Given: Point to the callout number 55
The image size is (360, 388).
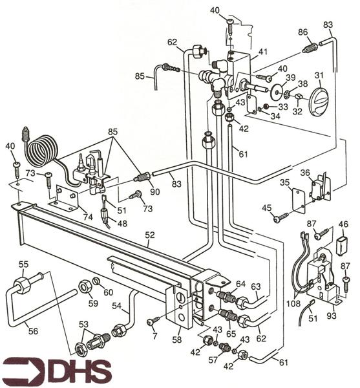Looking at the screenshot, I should (23, 264).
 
